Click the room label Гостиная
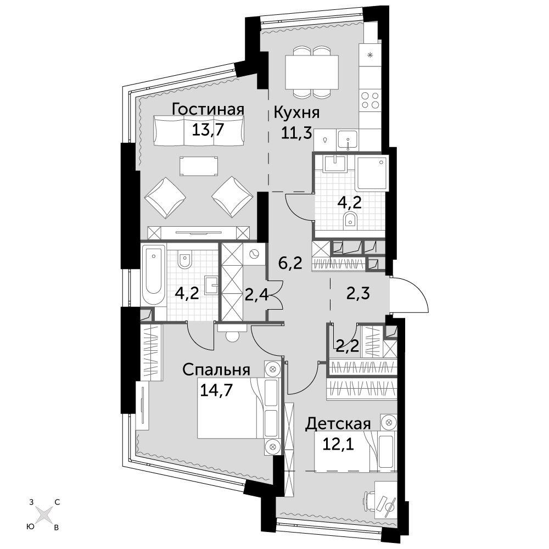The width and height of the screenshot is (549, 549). [208, 109]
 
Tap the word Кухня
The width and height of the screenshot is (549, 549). [296, 113]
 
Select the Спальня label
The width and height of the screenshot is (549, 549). [216, 369]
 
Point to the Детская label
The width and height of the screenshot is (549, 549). [338, 424]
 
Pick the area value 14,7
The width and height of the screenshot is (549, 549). [216, 389]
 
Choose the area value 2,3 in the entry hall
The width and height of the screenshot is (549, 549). [358, 293]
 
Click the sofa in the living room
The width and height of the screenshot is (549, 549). [199, 131]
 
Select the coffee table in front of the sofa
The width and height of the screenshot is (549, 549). [199, 166]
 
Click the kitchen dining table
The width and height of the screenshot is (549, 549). [312, 72]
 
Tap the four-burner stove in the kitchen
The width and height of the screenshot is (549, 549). [370, 99]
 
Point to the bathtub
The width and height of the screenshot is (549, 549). [154, 274]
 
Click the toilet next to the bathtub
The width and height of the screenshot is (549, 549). [184, 259]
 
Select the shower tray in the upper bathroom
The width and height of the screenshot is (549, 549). [372, 173]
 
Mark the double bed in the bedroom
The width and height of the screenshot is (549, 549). [239, 408]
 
